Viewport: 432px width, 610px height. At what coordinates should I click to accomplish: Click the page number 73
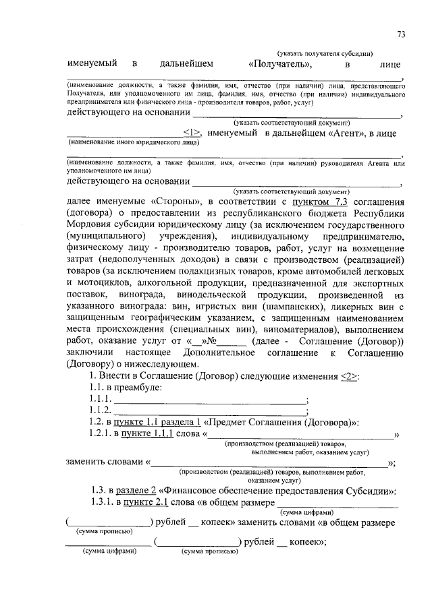pos(400,34)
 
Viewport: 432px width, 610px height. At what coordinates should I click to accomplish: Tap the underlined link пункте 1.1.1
pos(144,435)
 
